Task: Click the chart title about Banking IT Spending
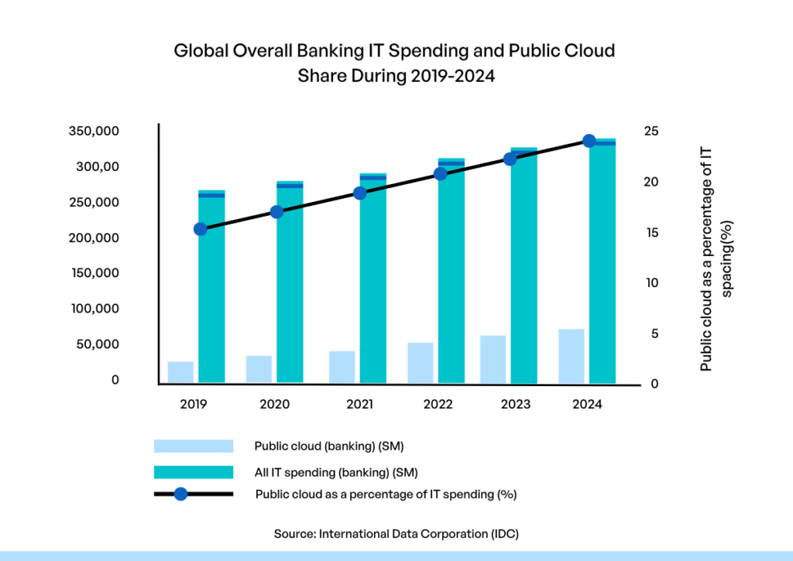coord(394,63)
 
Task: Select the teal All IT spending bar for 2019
coord(211,294)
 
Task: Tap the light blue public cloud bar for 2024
coord(572,356)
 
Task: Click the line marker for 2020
coord(277,211)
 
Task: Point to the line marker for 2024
coord(589,141)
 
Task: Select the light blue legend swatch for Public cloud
coord(194,446)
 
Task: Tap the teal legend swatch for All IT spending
coord(194,471)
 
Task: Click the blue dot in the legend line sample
coord(180,494)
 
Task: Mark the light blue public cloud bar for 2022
coord(421,363)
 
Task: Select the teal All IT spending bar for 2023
coord(524,271)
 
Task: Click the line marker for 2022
coord(441,173)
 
